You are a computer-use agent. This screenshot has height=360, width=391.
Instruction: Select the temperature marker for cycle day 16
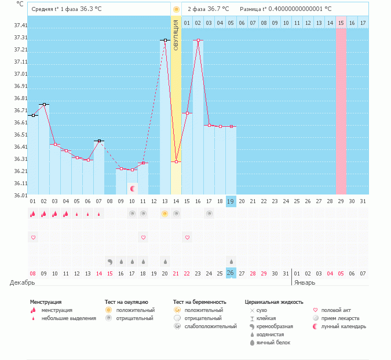pyautogui.click(x=198, y=40)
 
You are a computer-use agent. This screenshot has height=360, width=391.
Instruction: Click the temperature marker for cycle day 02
pyautogui.click(x=44, y=104)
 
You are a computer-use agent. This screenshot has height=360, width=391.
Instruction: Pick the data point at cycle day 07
pyautogui.click(x=99, y=141)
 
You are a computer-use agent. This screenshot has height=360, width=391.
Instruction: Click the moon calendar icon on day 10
pyautogui.click(x=133, y=188)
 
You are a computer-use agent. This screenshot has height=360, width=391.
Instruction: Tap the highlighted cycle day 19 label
pyautogui.click(x=231, y=201)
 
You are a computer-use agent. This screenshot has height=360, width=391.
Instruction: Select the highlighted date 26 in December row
pyautogui.click(x=231, y=273)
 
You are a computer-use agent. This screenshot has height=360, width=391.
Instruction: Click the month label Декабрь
pyautogui.click(x=23, y=282)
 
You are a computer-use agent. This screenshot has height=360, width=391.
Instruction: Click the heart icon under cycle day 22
pyautogui.click(x=187, y=237)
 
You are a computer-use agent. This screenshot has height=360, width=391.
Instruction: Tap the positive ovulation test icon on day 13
pyautogui.click(x=165, y=214)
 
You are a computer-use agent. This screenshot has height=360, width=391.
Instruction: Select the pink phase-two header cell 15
pyautogui.click(x=341, y=23)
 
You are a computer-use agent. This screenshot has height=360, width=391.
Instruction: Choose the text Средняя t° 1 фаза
pyautogui.click(x=55, y=9)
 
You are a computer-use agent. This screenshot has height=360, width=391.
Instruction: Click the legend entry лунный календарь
pyautogui.click(x=345, y=326)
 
